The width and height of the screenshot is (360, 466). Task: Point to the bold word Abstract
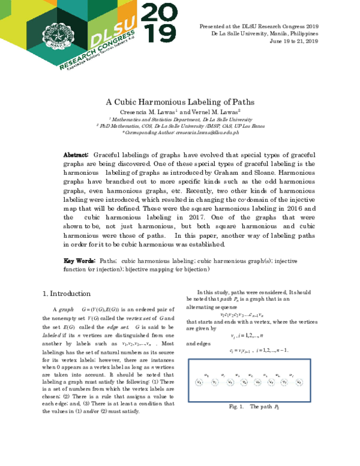(x=76, y=155)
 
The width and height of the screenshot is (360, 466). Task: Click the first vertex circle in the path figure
(x=199, y=381)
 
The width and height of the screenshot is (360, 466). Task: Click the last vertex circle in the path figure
(x=299, y=381)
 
